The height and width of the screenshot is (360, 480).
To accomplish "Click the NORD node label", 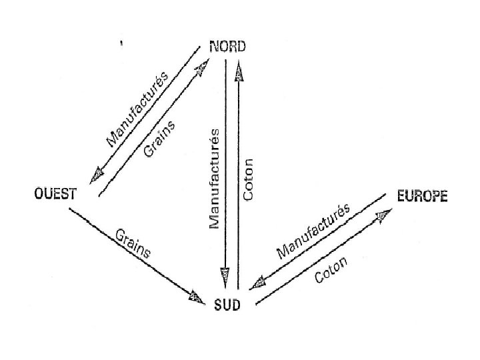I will pos(227,46).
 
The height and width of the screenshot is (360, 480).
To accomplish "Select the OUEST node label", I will pos(55,194).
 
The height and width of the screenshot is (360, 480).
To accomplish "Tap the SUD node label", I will pos(227,305).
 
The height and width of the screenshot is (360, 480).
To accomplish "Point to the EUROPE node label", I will pos(422,196).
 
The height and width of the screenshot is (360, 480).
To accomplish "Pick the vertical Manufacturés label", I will pos(215,178).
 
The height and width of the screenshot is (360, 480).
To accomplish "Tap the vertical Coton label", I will pos(249,179).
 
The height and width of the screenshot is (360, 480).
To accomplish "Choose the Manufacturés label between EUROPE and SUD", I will pos(313,231).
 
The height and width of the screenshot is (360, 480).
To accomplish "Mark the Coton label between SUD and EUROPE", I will pos(331,270).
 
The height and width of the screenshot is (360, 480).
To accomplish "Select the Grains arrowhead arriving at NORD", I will pos(201,65).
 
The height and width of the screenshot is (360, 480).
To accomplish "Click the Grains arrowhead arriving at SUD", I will pos(197,297).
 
